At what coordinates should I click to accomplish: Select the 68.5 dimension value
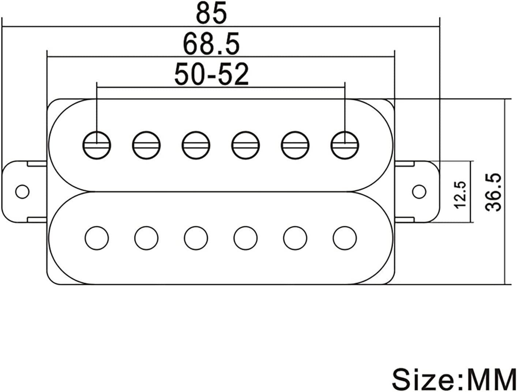pyautogui.click(x=211, y=44)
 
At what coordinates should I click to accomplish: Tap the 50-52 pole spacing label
pyautogui.click(x=211, y=74)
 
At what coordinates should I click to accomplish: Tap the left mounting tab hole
pyautogui.click(x=23, y=192)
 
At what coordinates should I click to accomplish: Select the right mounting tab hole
pyautogui.click(x=419, y=192)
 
